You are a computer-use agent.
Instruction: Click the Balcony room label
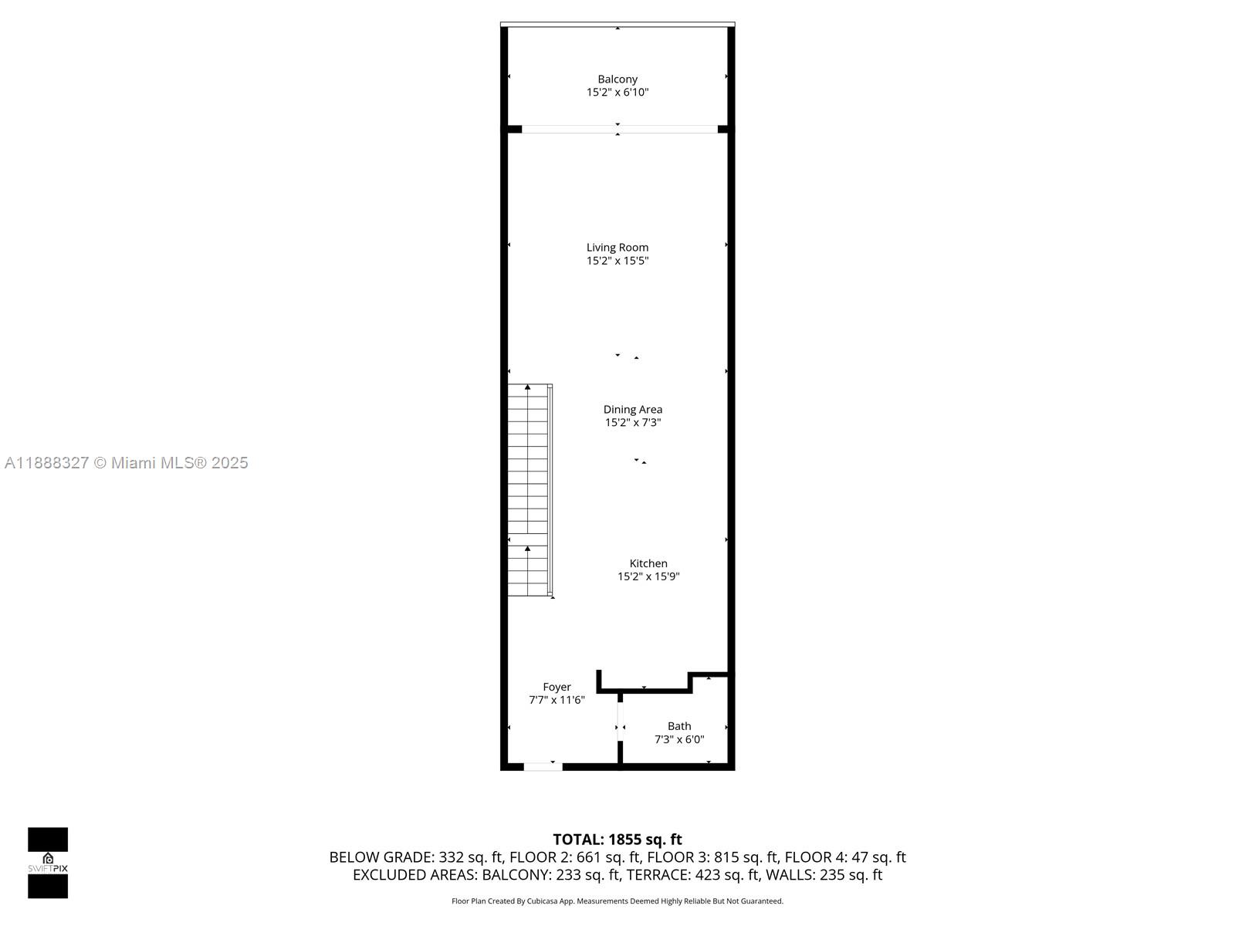pos(617,79)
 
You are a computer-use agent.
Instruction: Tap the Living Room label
pos(617,247)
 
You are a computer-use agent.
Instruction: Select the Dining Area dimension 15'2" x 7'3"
pos(633,423)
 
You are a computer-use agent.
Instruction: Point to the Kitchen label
pos(648,563)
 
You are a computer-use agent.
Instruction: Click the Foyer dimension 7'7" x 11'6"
pos(557,700)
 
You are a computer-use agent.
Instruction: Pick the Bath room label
pos(679,726)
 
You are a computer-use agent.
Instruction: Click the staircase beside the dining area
pos(529,490)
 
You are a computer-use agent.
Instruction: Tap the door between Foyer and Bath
pos(620,727)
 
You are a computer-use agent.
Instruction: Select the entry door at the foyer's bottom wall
pos(543,766)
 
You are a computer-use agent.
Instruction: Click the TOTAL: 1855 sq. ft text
pos(617,840)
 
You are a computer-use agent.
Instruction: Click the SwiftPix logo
pos(48,863)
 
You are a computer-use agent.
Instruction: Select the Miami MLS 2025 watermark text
pos(127,463)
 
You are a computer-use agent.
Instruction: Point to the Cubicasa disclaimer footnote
pos(617,901)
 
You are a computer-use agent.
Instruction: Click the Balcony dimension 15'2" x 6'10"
pos(617,93)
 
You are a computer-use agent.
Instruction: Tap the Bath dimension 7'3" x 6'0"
pos(679,739)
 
